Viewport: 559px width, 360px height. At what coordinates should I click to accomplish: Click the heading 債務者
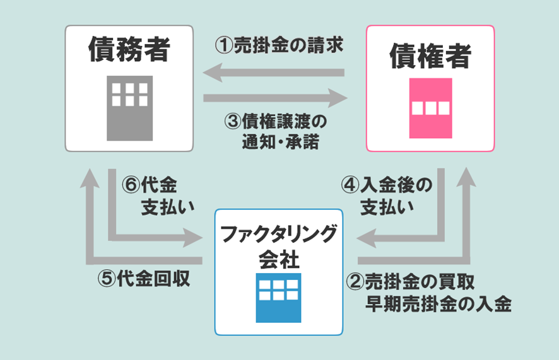click(129, 49)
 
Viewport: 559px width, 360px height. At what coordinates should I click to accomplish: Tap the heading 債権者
click(430, 55)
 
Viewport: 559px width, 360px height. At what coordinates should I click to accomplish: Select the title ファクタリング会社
click(278, 245)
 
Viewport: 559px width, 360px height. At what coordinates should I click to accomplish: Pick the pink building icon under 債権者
click(431, 108)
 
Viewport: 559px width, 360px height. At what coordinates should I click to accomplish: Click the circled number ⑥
click(129, 185)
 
